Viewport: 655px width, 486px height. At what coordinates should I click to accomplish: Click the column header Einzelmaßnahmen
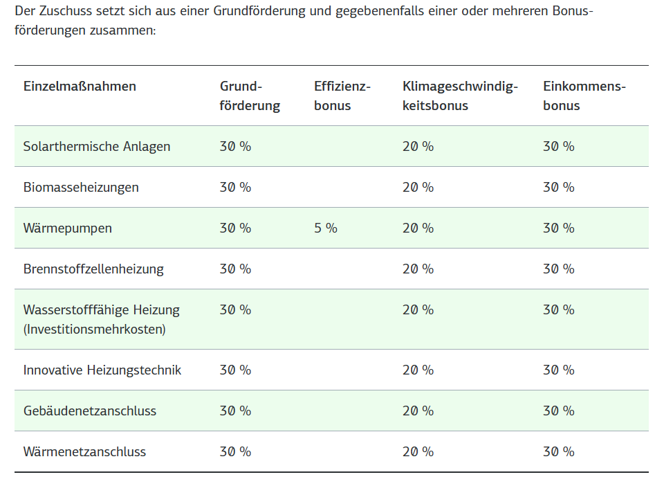pos(80,87)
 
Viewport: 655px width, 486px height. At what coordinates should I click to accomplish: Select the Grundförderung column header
pos(250,96)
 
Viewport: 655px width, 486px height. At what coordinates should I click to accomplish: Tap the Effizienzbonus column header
pos(342,96)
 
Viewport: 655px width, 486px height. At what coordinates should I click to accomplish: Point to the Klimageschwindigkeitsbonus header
pos(460,96)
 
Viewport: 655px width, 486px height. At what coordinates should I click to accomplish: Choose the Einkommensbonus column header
pos(584,96)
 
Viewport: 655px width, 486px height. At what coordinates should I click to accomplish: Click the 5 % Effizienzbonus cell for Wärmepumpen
pos(326,228)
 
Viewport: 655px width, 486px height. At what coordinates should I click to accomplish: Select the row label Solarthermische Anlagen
pos(97,147)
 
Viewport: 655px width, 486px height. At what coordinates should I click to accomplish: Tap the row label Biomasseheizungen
pos(81,188)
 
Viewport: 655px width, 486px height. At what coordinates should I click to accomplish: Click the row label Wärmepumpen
pos(67,228)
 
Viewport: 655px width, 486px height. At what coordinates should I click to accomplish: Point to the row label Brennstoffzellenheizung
pos(93,269)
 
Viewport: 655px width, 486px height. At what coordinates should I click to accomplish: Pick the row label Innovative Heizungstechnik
pos(102,370)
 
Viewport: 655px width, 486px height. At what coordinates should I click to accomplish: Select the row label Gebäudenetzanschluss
pos(90,411)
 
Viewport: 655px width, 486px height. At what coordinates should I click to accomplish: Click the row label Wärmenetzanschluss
pos(84,452)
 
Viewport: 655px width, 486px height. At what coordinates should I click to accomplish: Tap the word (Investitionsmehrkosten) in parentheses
pos(95,330)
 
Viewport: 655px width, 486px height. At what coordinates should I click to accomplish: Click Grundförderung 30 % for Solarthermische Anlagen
pos(235,146)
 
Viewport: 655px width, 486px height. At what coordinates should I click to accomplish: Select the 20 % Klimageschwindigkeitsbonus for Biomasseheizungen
pos(418,187)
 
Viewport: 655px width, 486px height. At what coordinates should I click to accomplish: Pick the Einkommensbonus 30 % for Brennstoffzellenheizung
pos(558,269)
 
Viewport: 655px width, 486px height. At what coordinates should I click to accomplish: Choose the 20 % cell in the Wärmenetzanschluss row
pos(418,451)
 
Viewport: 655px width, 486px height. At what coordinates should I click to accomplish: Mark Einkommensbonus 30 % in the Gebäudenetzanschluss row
pos(558,411)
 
